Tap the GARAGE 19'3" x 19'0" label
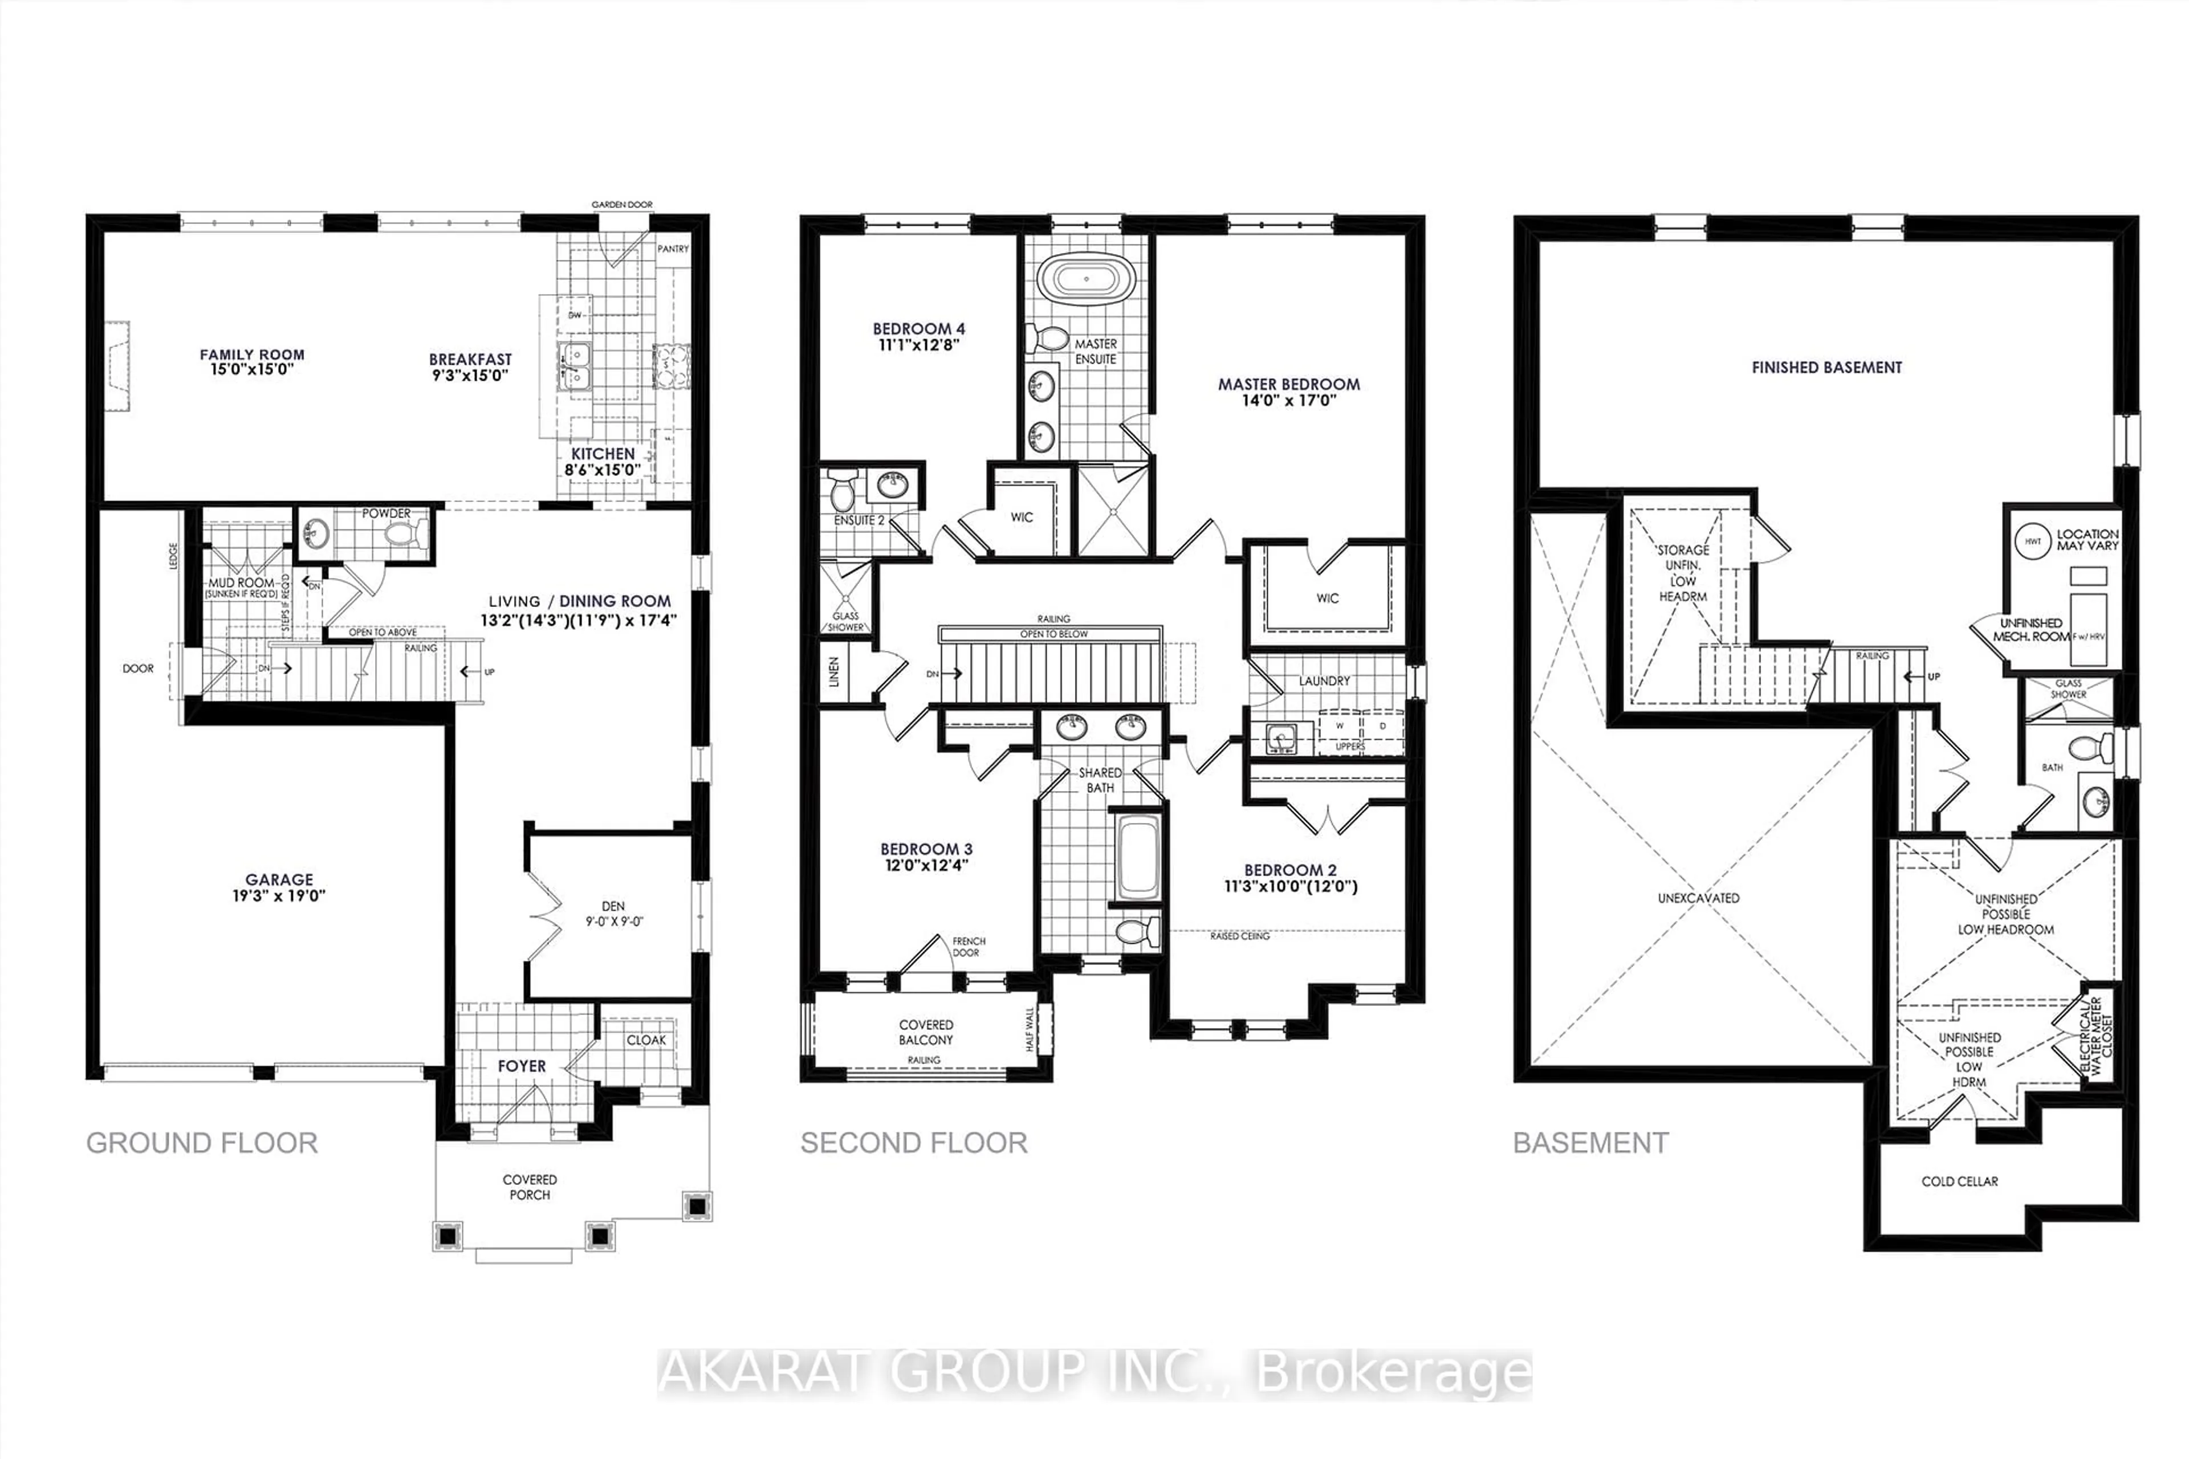click(279, 887)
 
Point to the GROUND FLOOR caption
click(202, 1143)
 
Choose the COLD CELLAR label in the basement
click(1959, 1181)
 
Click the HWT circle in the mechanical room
click(2033, 541)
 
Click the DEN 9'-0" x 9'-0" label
click(613, 913)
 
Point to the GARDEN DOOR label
click(622, 205)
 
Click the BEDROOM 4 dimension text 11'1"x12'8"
click(918, 344)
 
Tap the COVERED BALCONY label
click(925, 1032)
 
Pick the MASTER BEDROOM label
click(1288, 384)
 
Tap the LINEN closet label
click(835, 671)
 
